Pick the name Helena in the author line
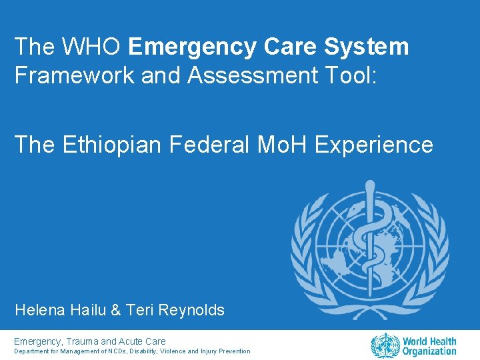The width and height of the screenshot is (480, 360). pyautogui.click(x=39, y=310)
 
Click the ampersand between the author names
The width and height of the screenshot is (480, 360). pyautogui.click(x=114, y=310)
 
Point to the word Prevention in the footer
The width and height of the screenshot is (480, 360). pyautogui.click(x=234, y=351)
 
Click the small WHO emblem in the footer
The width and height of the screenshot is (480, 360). pyautogui.click(x=385, y=346)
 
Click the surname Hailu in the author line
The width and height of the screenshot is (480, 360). pyautogui.click(x=86, y=310)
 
